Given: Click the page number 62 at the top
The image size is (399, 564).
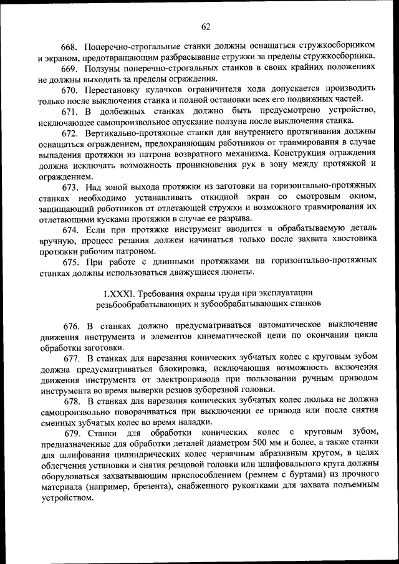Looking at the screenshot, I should point(206,26).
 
